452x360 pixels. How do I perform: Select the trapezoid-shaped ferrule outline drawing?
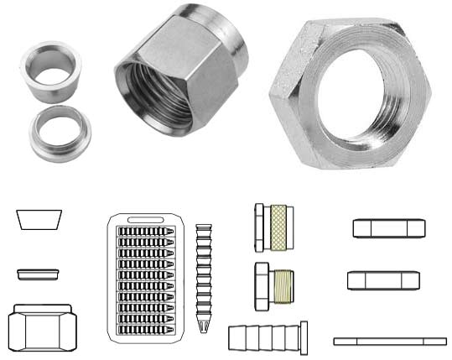[x=39, y=220]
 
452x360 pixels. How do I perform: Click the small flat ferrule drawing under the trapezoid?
[x=39, y=274]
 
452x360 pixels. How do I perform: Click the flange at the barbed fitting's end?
[x=304, y=339]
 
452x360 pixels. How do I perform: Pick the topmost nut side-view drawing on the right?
[x=385, y=228]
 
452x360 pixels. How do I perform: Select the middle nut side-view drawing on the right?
[x=382, y=280]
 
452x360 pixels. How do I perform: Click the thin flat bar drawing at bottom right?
[x=390, y=341]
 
